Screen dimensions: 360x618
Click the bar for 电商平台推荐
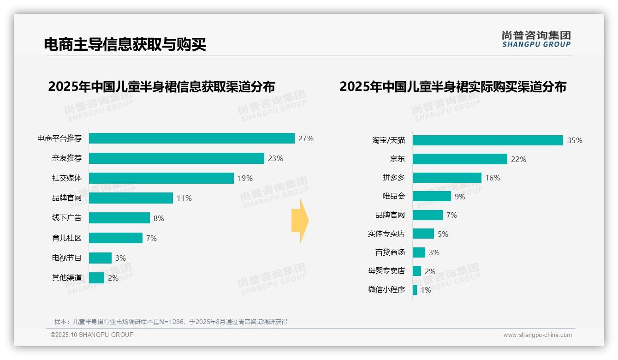[x=191, y=138]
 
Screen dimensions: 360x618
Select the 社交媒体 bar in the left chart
[x=161, y=178]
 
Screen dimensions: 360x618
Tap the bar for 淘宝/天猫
[x=487, y=140]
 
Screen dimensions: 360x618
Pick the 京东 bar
[x=460, y=159]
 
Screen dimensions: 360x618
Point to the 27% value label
[x=306, y=138]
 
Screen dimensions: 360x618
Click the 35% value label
[x=575, y=141]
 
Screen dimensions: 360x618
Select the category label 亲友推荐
[x=67, y=158]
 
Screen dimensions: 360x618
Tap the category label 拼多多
[x=394, y=178]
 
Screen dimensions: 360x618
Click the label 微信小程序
[x=386, y=290]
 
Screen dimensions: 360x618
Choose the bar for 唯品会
[x=432, y=196]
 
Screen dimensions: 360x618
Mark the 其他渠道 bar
[x=96, y=278]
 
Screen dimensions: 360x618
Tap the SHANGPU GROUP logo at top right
[x=536, y=39]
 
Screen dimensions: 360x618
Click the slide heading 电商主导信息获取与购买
[x=125, y=44]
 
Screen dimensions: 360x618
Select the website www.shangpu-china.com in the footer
[x=537, y=335]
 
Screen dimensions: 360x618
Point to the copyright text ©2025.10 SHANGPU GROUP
[x=92, y=335]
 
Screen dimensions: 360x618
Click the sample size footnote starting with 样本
[x=171, y=322]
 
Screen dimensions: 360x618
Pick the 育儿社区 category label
[x=67, y=238]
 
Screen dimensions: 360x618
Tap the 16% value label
[x=493, y=178]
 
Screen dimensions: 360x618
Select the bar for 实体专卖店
[x=423, y=234]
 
